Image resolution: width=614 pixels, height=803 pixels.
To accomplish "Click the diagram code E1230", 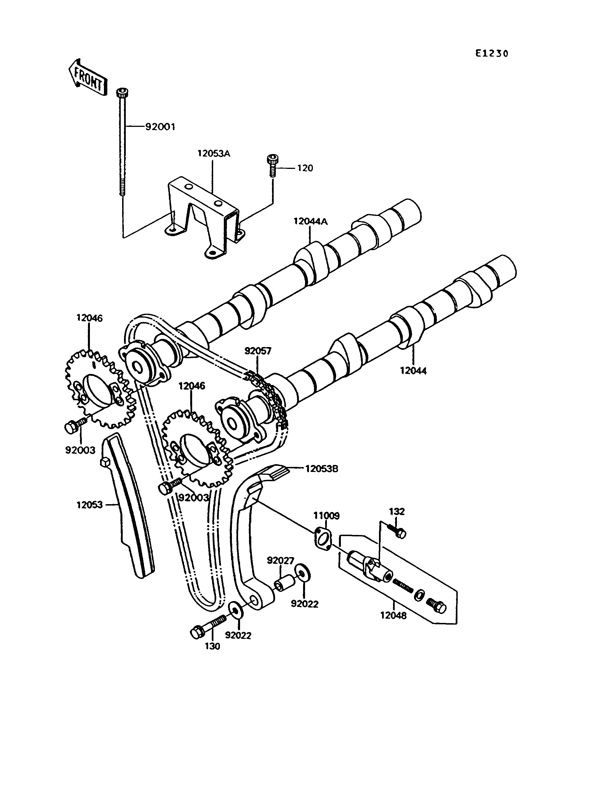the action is click(x=492, y=54).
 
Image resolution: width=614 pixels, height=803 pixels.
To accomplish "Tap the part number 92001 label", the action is click(x=160, y=127).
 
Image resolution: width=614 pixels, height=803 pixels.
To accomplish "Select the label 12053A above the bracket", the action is click(x=214, y=153).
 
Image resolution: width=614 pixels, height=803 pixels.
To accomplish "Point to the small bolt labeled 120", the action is click(x=271, y=166).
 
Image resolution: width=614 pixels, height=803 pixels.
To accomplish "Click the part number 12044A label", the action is click(x=311, y=222).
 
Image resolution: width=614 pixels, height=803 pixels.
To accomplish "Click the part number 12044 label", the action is click(x=413, y=371).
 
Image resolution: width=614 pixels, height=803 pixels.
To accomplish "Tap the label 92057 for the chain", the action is click(x=258, y=351).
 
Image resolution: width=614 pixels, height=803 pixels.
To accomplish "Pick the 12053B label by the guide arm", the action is click(x=322, y=469).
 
